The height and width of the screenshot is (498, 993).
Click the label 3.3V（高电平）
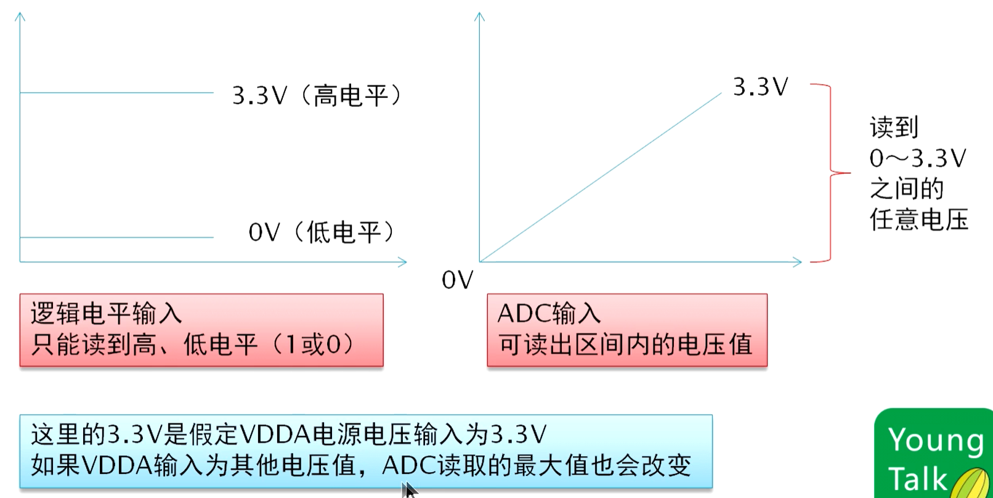[317, 96]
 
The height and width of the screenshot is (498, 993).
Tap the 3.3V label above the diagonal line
[760, 87]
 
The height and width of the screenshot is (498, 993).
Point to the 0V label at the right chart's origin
[457, 280]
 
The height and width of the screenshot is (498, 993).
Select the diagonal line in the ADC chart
[601, 178]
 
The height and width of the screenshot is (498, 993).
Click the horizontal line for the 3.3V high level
[117, 93]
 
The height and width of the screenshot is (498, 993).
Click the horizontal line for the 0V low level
[117, 237]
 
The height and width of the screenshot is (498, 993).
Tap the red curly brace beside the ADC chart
[832, 173]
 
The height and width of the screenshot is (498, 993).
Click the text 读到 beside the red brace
[894, 128]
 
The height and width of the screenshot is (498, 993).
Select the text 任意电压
[918, 219]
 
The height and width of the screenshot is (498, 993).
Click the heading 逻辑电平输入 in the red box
[107, 314]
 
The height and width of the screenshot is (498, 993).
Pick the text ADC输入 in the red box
[549, 314]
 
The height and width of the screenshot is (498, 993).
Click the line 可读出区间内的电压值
[625, 345]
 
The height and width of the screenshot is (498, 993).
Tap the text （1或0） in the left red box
[314, 345]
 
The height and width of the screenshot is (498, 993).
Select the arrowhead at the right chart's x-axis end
[798, 262]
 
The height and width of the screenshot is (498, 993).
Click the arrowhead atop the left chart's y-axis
[20, 17]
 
